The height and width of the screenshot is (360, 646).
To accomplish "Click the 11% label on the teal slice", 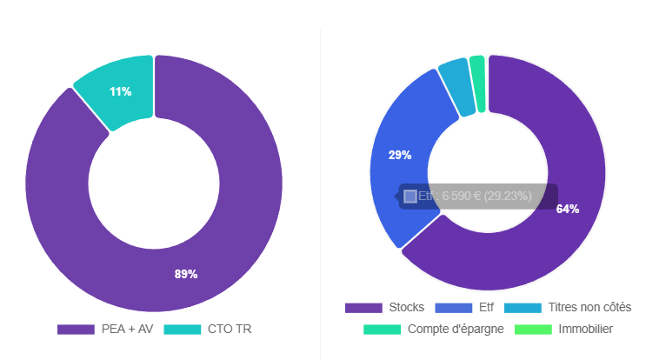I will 121,91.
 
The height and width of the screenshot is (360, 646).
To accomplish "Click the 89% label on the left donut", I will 186,274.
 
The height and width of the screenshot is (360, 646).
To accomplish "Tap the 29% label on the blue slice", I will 400,155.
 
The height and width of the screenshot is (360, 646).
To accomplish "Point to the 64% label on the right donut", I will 568,209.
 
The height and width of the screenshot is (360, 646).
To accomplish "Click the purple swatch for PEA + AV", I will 76,329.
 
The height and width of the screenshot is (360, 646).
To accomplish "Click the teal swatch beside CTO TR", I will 182,329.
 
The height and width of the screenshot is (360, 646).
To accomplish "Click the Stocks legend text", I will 407,307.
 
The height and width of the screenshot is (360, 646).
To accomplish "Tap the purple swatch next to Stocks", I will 363,307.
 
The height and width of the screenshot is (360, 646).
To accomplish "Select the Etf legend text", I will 487,307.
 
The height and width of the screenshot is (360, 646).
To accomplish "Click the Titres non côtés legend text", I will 589,307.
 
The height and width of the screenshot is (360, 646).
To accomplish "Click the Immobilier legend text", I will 586,329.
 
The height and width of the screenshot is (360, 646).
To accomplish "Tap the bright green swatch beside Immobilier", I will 533,329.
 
